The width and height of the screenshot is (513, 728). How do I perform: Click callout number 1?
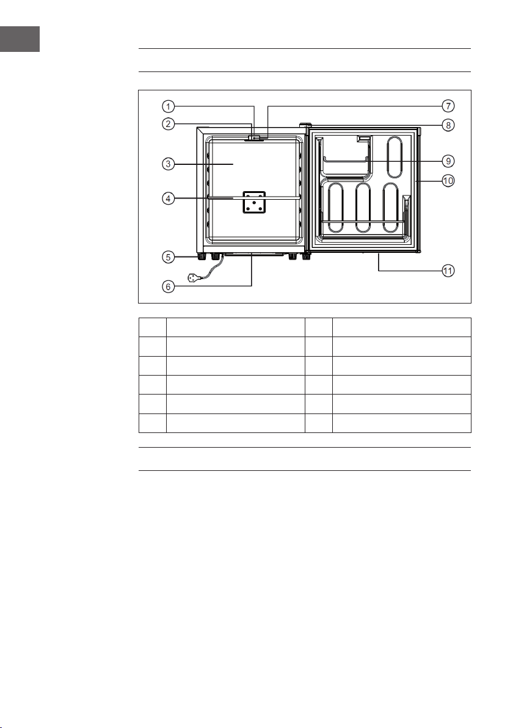[x=168, y=106]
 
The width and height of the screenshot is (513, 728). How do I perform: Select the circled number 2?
[x=168, y=124]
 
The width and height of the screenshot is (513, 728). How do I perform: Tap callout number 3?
[x=168, y=164]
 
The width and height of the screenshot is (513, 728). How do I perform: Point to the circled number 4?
[x=168, y=198]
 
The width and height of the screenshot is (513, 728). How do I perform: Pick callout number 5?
[x=168, y=257]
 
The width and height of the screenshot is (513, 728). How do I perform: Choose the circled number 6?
[x=168, y=286]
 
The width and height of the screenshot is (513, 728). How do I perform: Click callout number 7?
[x=448, y=106]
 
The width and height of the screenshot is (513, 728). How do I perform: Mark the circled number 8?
[x=448, y=125]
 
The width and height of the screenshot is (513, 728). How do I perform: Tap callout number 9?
[x=448, y=161]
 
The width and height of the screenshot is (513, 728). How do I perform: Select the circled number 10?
[x=448, y=180]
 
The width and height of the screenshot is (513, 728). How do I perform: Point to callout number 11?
[x=448, y=271]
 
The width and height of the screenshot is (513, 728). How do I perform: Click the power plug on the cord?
[x=195, y=278]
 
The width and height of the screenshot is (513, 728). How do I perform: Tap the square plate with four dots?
[x=253, y=202]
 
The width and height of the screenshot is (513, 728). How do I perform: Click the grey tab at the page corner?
[x=20, y=38]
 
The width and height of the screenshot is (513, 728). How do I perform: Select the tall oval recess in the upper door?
[x=395, y=156]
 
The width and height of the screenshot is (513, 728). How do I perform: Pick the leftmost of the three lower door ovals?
[x=335, y=208]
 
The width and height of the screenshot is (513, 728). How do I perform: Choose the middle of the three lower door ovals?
[x=363, y=208]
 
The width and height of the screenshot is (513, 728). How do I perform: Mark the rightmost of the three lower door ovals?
[x=391, y=208]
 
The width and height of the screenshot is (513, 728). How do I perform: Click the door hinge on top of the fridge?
[x=305, y=125]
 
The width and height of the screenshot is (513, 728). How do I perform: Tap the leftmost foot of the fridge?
[x=201, y=256]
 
